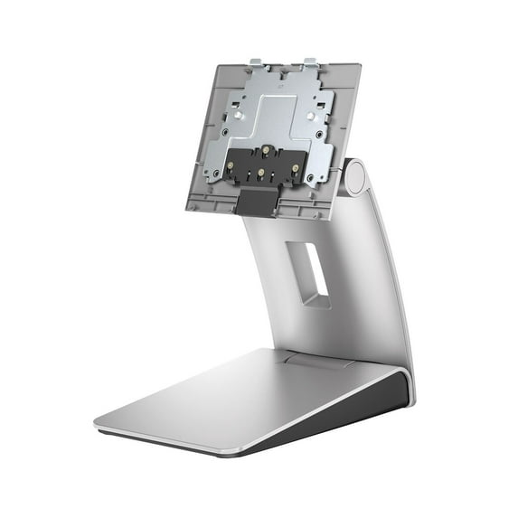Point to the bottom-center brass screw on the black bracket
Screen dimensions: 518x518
(x=261, y=171)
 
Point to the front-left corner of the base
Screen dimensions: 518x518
(x=99, y=423)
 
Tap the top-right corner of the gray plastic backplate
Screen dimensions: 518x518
(x=359, y=66)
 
